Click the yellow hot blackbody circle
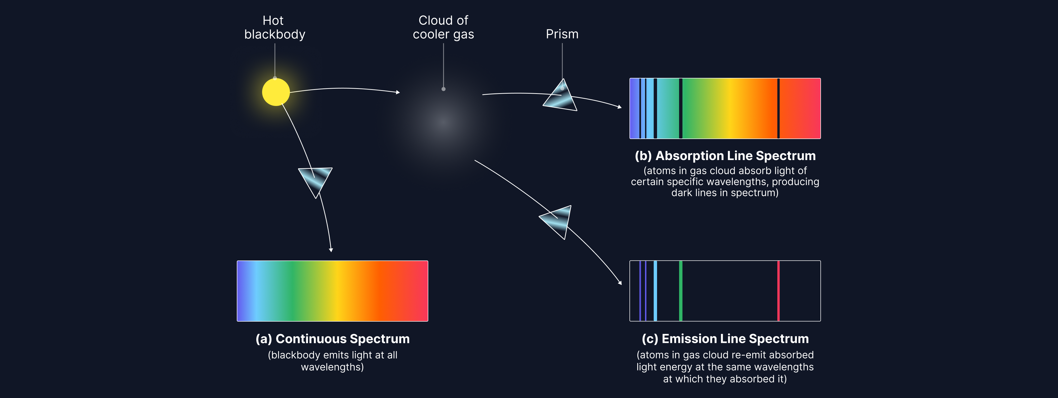pyautogui.click(x=276, y=92)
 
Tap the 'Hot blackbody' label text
pyautogui.click(x=275, y=28)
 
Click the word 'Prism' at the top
pyautogui.click(x=562, y=34)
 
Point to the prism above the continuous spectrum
pyautogui.click(x=315, y=181)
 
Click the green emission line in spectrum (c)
pyautogui.click(x=681, y=291)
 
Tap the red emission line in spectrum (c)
pyautogui.click(x=778, y=291)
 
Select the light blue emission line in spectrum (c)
pyautogui.click(x=655, y=291)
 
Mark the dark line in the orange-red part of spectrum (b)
pyautogui.click(x=778, y=108)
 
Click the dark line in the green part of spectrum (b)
pyautogui.click(x=681, y=108)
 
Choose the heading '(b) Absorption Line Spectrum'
pyautogui.click(x=725, y=156)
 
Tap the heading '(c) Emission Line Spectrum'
pyautogui.click(x=725, y=339)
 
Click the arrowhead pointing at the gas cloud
pyautogui.click(x=398, y=92)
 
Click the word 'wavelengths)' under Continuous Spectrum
pyautogui.click(x=332, y=367)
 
